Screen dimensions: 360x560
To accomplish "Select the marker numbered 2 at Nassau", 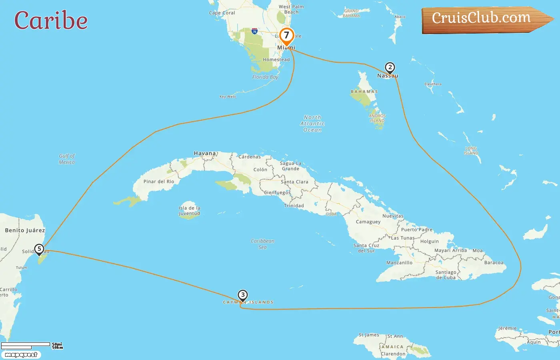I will [390, 68].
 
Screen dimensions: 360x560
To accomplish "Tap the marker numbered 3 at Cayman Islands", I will [242, 295].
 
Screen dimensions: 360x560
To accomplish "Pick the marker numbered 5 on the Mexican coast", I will [39, 249].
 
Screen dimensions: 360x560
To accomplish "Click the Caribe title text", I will [51, 20].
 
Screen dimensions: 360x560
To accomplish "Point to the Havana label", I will [205, 153].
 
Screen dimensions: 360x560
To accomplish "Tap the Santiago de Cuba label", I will [446, 275].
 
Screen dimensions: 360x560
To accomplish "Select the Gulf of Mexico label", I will [67, 159].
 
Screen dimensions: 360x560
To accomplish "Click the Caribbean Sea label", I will [262, 244].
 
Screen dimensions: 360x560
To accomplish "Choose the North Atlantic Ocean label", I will [312, 124].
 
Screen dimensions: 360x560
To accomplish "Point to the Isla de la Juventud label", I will [189, 211].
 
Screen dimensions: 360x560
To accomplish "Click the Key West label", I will [228, 96].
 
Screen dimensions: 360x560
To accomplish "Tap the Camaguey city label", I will [368, 222].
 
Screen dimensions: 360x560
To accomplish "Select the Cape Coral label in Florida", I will [222, 13].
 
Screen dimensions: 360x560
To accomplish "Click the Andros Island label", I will [377, 118].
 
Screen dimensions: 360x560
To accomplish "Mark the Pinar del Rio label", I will [159, 182].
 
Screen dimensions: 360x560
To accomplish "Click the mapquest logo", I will [21, 355].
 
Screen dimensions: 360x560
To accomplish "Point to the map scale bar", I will [26, 345].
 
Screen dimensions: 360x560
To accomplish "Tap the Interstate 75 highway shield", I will [254, 31].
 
